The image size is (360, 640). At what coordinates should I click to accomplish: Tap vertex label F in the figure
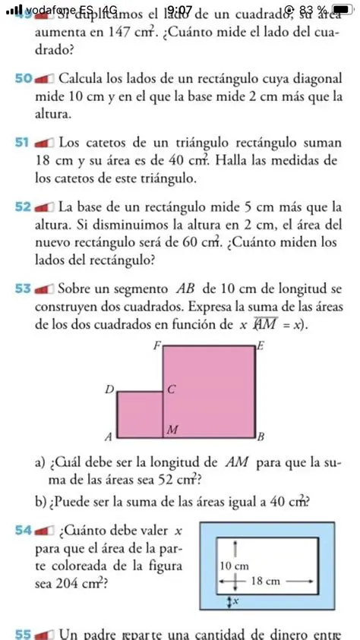(x=157, y=345)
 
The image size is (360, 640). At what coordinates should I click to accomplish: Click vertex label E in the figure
(x=262, y=346)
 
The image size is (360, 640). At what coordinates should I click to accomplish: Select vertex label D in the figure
(x=109, y=389)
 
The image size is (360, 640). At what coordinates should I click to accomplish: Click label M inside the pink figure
(x=172, y=430)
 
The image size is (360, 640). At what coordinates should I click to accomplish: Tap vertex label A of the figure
(x=108, y=438)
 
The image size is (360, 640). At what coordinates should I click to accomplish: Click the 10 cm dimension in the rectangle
(x=234, y=566)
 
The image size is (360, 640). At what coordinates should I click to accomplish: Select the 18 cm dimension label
(x=267, y=581)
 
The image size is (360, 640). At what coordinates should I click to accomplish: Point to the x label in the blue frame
(x=235, y=601)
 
